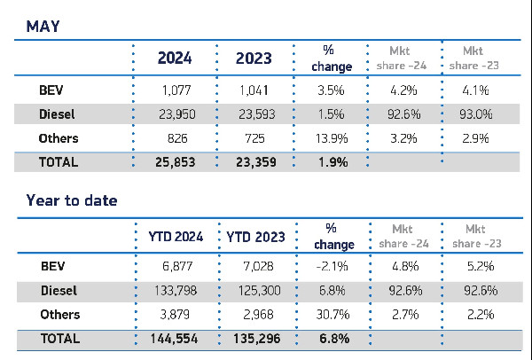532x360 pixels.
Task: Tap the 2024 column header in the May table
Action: pos(176,59)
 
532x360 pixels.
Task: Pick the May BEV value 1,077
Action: pos(176,90)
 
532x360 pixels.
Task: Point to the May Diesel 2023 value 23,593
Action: pos(254,113)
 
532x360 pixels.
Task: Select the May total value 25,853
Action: pos(176,162)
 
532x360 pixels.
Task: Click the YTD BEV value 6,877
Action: pos(176,266)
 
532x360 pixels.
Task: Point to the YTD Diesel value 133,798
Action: pos(176,290)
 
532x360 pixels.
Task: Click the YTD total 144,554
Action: pos(176,339)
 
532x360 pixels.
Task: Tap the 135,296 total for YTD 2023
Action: pos(254,339)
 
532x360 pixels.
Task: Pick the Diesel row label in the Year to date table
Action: pos(59,290)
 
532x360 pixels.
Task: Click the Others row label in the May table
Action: pos(59,138)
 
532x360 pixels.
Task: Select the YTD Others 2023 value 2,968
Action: pos(254,315)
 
